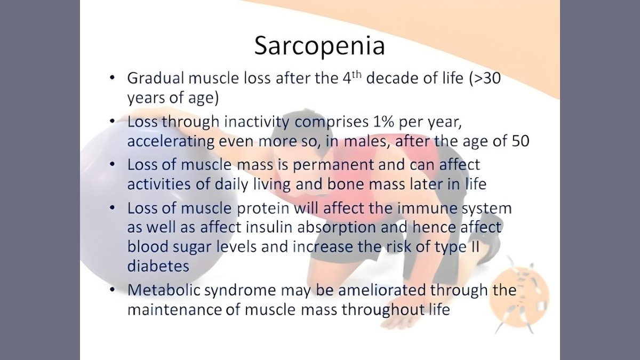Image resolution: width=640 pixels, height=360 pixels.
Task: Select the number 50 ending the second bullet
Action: (521, 141)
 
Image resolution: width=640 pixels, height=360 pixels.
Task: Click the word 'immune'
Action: (427, 209)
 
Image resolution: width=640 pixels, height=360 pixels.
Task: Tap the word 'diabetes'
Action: (158, 266)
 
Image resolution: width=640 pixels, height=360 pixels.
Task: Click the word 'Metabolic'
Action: (164, 290)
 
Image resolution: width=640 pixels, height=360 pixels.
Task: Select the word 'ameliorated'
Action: (382, 290)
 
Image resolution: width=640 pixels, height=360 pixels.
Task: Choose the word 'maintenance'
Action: (174, 310)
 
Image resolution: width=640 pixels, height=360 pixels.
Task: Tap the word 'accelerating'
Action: (171, 142)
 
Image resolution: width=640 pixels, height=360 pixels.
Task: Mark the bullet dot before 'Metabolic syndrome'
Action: (113, 290)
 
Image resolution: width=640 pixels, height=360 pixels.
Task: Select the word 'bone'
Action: (346, 185)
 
